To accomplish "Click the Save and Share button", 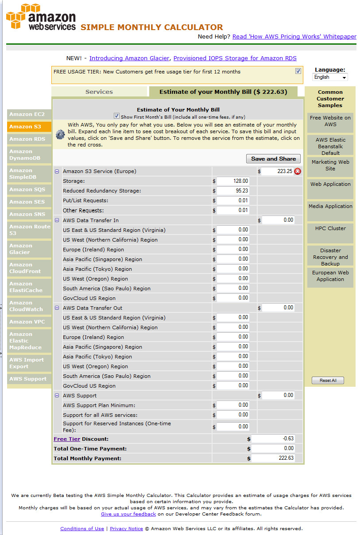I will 273,158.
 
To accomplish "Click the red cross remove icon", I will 298,171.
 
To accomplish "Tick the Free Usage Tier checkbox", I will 298,71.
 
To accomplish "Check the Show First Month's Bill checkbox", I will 116,116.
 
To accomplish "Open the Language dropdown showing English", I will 330,77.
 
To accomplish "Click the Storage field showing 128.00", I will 233,181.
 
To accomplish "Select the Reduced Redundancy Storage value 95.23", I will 233,191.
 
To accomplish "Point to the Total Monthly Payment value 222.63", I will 273,458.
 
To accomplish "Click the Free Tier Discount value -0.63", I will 273,439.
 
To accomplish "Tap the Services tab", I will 99,92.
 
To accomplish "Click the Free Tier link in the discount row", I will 67,439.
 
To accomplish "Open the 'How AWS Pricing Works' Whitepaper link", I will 294,37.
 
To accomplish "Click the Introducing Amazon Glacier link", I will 129,58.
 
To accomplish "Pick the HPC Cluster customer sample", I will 330,228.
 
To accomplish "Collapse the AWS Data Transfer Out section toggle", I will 57,308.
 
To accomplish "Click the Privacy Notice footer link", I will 126,528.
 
